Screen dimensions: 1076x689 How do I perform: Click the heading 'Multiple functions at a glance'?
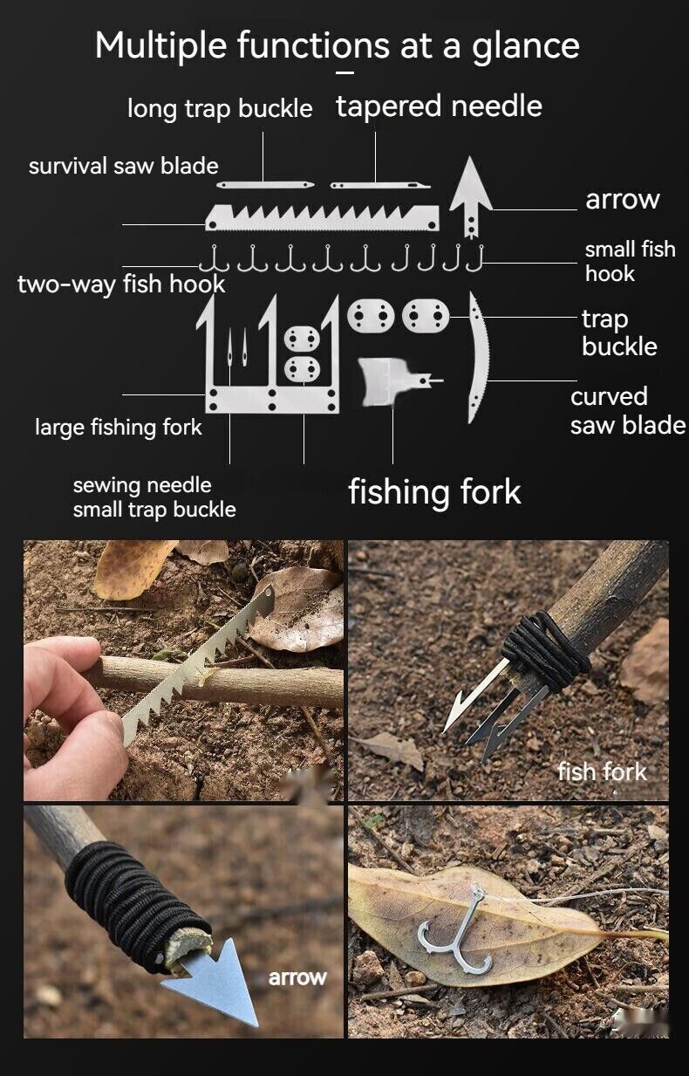coord(337,45)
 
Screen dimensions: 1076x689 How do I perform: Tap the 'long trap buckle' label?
coord(220,109)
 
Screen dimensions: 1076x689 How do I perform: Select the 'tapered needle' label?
coord(439,106)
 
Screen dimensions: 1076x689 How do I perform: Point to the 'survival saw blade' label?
coord(123,166)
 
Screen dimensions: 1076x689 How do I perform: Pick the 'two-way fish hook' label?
coord(121,284)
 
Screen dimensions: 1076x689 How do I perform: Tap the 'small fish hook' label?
coord(630,261)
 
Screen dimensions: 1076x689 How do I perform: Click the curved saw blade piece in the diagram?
coord(478,358)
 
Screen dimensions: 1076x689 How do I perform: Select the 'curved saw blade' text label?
coord(627,411)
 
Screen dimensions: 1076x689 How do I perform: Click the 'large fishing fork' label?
coord(119,428)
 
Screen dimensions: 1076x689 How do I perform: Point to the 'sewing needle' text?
coord(142,485)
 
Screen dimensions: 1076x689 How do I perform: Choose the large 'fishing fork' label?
coord(434,492)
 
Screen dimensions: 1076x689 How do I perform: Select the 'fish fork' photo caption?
coord(602,771)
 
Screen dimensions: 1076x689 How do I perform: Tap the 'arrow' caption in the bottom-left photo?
coord(297,977)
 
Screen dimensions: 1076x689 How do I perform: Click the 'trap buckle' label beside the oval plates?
coord(618,333)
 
